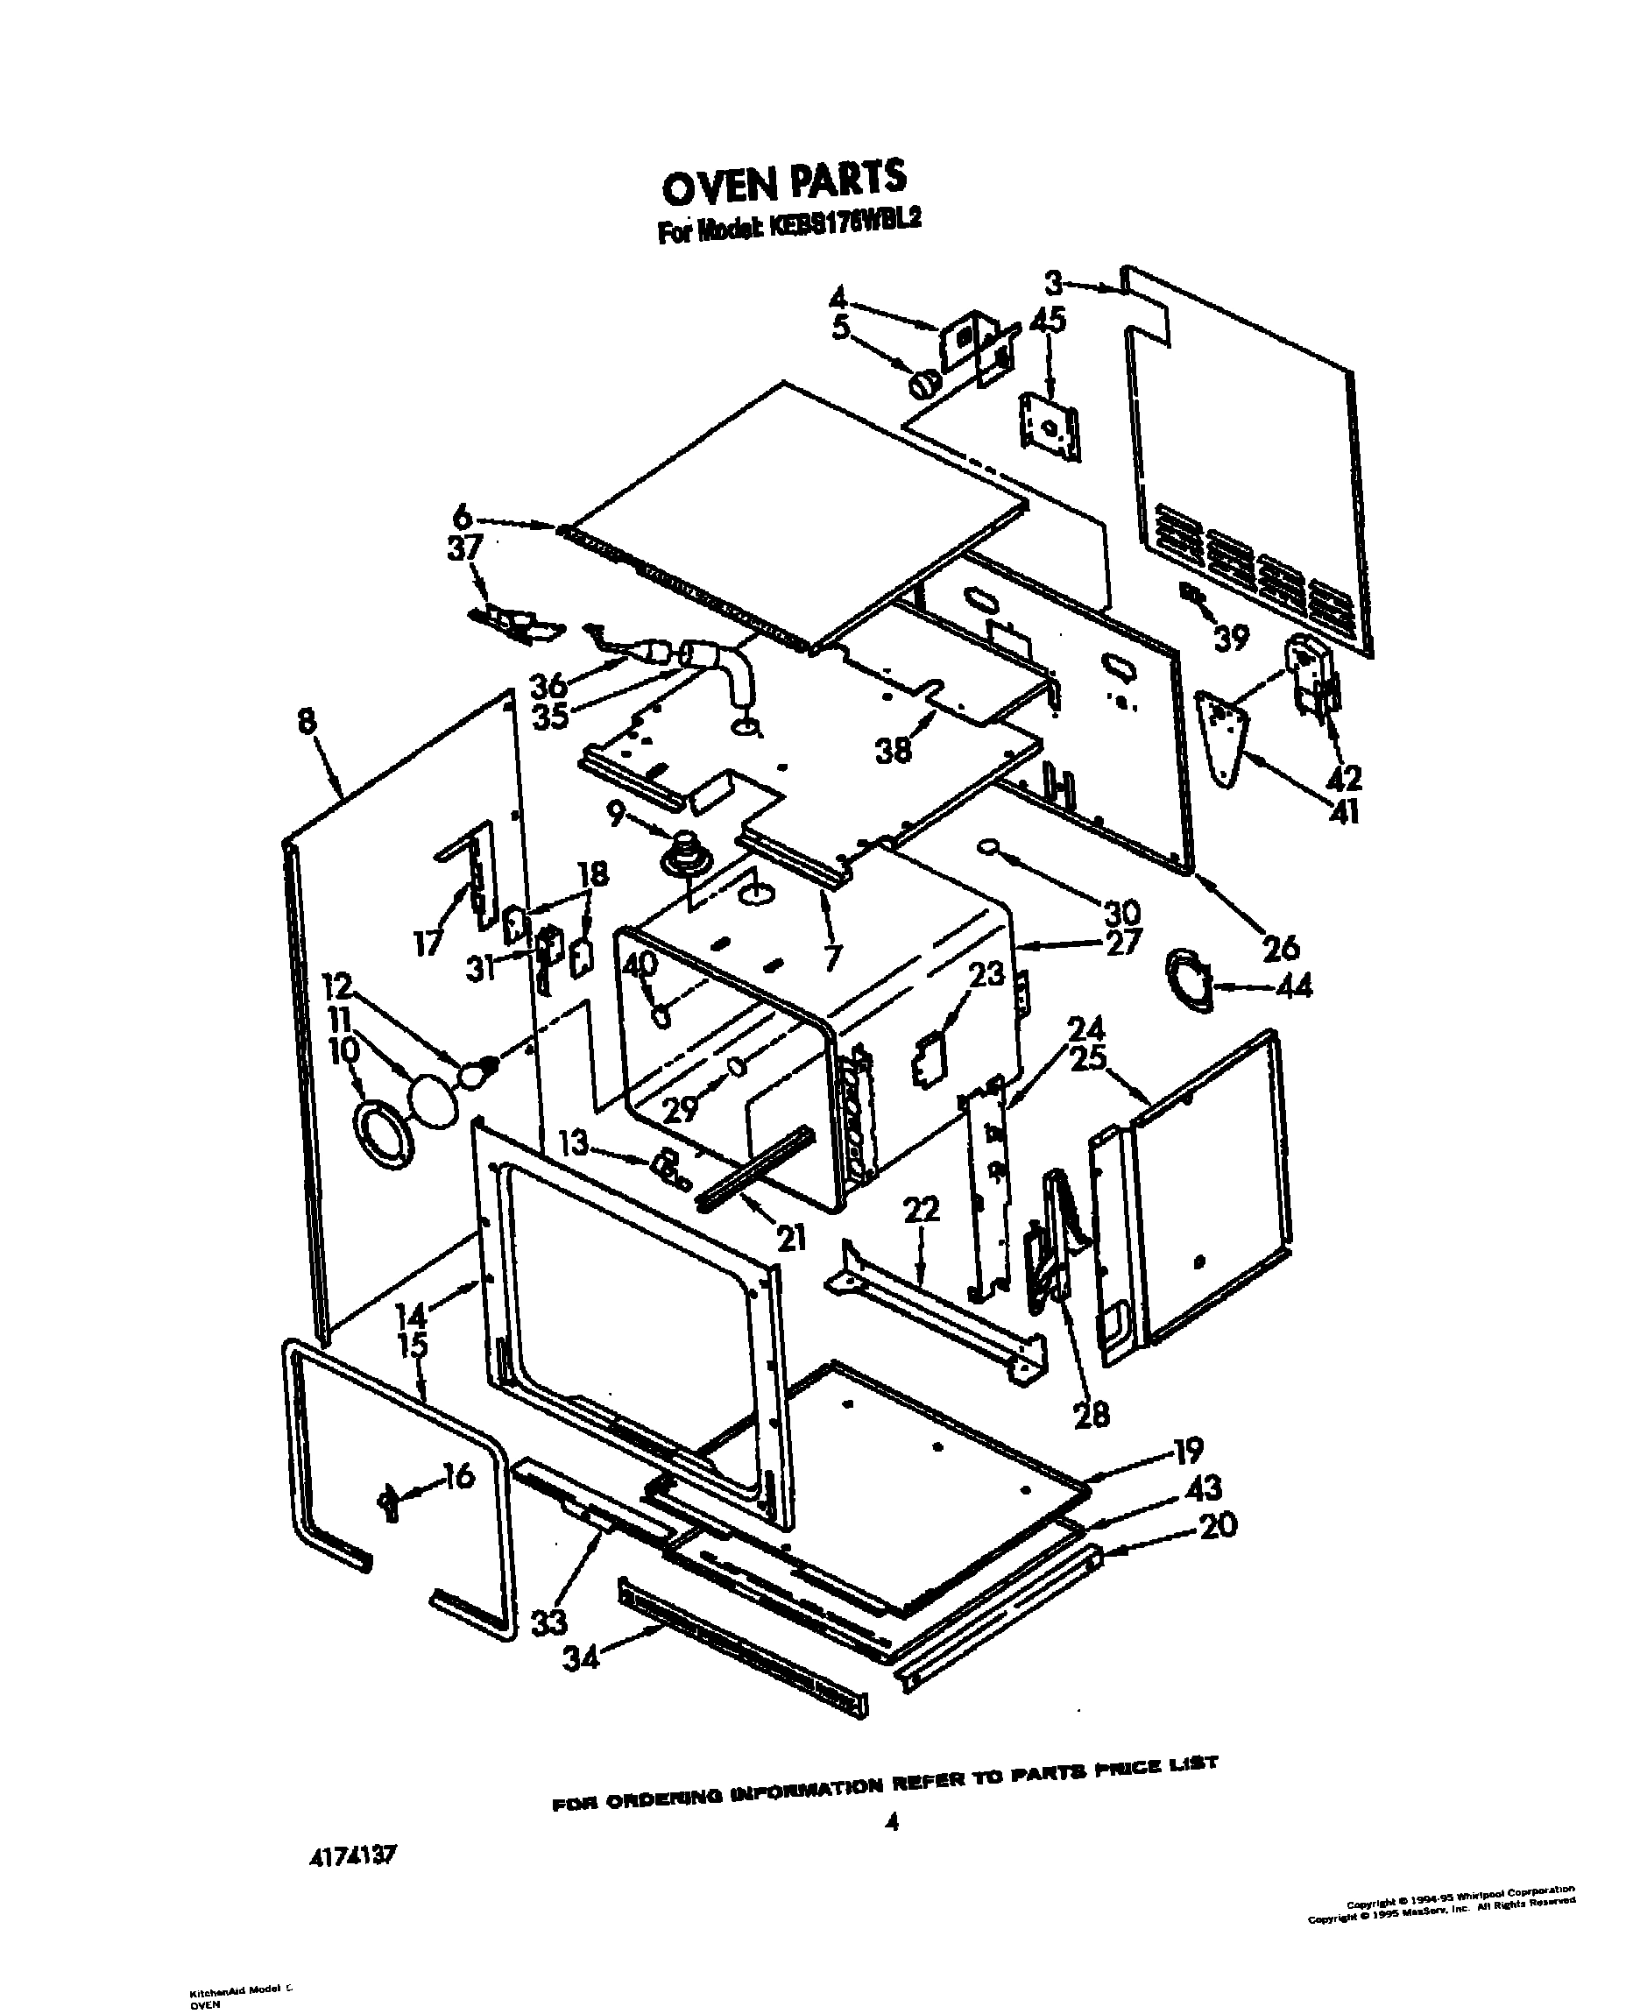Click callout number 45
coord(1047,320)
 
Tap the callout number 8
coord(307,722)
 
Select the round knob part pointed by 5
coord(923,383)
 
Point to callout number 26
coord(1280,947)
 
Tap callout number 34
coord(580,1659)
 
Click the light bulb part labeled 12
coord(477,1071)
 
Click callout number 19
coord(1188,1451)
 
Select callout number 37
coord(464,548)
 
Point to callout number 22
coord(921,1209)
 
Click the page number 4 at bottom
coord(892,1822)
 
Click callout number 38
coord(893,749)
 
